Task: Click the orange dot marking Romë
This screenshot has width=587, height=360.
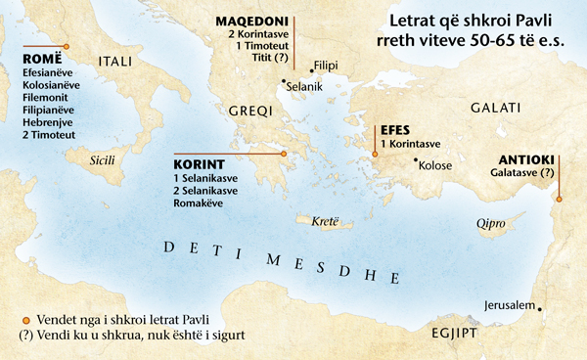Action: coord(67,46)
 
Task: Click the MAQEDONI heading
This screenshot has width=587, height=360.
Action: coord(252,19)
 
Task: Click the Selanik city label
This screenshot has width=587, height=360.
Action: coord(303,87)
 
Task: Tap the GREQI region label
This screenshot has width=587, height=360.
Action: coord(249,112)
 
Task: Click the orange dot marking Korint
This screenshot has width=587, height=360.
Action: coord(283,154)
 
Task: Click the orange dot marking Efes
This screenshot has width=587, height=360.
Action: coord(374,153)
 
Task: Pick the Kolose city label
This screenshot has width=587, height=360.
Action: coord(434,165)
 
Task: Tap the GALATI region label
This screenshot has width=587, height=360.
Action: coord(496,108)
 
